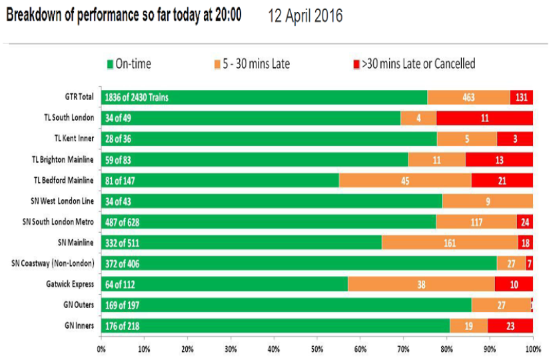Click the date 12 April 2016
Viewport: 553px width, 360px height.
tap(305, 16)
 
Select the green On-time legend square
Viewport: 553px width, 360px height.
tap(110, 64)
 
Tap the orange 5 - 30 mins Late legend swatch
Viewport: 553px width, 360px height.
tap(217, 64)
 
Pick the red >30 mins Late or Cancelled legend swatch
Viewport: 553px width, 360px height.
tap(356, 64)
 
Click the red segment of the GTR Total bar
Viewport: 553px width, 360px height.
tap(521, 97)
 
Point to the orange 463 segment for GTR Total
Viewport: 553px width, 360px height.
tap(468, 97)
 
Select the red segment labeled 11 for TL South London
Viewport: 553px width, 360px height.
tap(484, 118)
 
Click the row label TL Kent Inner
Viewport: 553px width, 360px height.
tap(74, 139)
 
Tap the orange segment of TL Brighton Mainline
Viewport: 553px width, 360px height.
tap(436, 160)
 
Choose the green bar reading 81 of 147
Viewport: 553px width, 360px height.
tap(220, 181)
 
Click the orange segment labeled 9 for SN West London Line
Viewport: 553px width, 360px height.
tap(488, 201)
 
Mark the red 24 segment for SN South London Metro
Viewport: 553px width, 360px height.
tap(525, 222)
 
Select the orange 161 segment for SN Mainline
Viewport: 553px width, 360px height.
tap(450, 243)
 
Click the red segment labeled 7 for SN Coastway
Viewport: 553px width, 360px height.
tap(530, 263)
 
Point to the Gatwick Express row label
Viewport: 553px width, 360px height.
tap(70, 284)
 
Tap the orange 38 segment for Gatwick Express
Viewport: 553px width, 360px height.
tap(421, 284)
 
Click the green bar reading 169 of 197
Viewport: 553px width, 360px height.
tap(286, 305)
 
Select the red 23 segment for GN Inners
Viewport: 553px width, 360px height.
tap(510, 326)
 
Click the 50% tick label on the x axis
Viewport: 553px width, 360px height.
tap(317, 349)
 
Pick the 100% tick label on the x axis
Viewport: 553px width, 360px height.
tap(533, 349)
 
